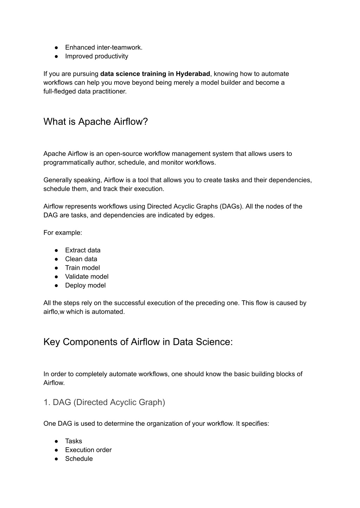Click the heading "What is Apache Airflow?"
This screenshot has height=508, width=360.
coord(96,122)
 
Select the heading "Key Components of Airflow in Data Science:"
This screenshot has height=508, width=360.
coord(138,342)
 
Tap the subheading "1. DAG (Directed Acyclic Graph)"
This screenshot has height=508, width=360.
coord(104,402)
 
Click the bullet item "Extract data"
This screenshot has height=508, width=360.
coord(83,250)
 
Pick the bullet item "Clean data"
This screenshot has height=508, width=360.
coord(81,259)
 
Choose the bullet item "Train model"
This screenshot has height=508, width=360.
coord(82,268)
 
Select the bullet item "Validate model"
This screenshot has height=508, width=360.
coord(86,276)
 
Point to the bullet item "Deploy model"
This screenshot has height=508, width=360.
coord(85,285)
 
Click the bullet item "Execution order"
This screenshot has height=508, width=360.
coord(88,450)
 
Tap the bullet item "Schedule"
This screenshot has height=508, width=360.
coord(79,458)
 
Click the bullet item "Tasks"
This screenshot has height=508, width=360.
coord(73,441)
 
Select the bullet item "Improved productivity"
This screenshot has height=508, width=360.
coord(96,56)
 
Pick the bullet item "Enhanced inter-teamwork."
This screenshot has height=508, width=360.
coord(104,47)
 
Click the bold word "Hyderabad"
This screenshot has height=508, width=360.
coord(193,74)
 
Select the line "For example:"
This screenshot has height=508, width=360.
coord(63,233)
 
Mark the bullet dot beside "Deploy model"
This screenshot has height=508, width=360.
coord(56,285)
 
